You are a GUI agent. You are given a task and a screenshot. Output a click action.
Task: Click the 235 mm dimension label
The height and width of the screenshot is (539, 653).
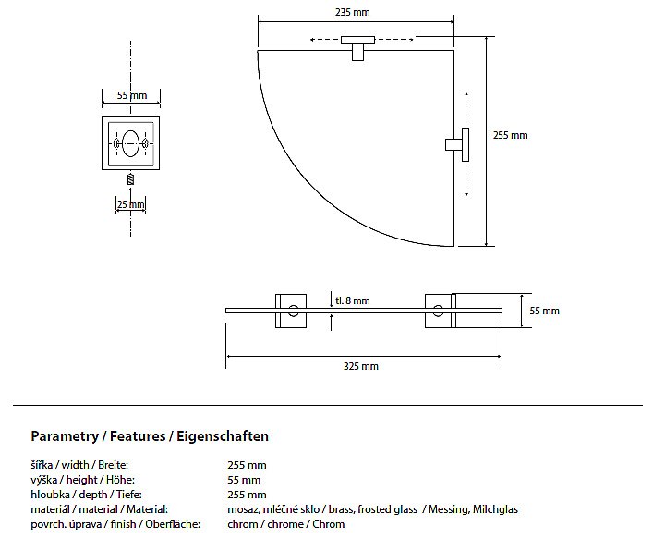pyautogui.click(x=352, y=12)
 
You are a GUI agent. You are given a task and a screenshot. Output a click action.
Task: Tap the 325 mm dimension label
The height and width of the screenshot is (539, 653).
pyautogui.click(x=360, y=366)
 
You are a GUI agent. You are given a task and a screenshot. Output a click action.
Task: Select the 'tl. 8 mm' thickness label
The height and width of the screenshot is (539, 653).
pyautogui.click(x=352, y=300)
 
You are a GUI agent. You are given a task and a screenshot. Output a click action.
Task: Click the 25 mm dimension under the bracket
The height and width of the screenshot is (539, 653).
pyautogui.click(x=131, y=204)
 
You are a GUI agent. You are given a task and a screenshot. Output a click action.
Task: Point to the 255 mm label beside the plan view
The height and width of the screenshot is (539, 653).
pyautogui.click(x=510, y=135)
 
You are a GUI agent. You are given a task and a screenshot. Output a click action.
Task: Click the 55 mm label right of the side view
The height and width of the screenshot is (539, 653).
pyautogui.click(x=544, y=311)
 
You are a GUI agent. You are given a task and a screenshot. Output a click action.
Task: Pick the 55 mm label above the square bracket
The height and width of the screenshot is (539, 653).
pyautogui.click(x=131, y=95)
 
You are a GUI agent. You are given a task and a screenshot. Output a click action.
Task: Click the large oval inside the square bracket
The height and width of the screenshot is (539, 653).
pyautogui.click(x=130, y=143)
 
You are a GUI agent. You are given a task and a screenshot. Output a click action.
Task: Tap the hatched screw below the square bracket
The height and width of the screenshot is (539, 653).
pyautogui.click(x=131, y=179)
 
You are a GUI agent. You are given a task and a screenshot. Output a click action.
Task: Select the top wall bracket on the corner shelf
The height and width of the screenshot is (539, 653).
pyautogui.click(x=357, y=47)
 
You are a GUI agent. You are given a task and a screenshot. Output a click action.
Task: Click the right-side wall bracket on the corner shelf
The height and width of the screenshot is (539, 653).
pyautogui.click(x=458, y=144)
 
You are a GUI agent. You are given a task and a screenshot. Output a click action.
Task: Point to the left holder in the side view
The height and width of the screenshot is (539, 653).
pyautogui.click(x=291, y=311)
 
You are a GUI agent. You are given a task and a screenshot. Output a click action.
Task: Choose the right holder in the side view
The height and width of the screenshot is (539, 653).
pyautogui.click(x=441, y=311)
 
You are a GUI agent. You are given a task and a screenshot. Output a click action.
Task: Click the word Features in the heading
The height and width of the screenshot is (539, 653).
pyautogui.click(x=138, y=436)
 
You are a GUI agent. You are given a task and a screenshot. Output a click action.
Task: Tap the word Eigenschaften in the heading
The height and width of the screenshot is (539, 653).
pyautogui.click(x=223, y=436)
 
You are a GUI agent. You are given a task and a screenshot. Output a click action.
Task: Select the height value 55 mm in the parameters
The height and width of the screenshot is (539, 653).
pyautogui.click(x=244, y=480)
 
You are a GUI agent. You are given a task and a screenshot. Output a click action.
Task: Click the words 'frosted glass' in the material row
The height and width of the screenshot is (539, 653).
pyautogui.click(x=387, y=509)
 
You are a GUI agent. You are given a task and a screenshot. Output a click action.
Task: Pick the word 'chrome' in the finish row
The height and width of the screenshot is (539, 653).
pyautogui.click(x=284, y=524)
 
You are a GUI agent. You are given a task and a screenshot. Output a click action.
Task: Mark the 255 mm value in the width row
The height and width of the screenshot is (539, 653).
pyautogui.click(x=247, y=465)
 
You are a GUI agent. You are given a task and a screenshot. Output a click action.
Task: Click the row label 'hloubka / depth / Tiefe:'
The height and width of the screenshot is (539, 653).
pyautogui.click(x=86, y=495)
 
